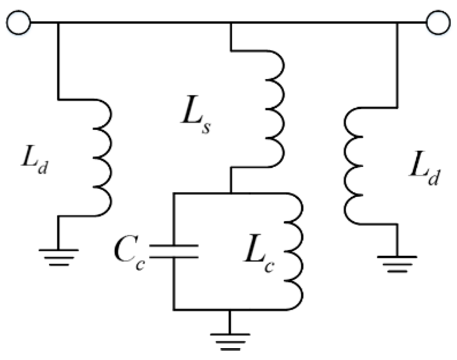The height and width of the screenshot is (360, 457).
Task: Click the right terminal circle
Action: [x=438, y=22]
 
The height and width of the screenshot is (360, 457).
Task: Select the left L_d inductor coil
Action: [x=103, y=158]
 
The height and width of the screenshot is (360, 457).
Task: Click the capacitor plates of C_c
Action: [x=174, y=251]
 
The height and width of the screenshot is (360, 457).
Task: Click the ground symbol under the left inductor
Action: [x=58, y=254]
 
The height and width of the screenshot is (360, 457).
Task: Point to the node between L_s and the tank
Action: [x=230, y=193]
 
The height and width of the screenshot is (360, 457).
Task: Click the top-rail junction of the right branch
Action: [x=397, y=22]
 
